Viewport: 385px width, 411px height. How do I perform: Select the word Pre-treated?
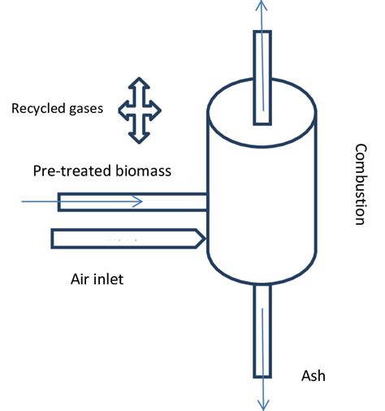[x=67, y=171]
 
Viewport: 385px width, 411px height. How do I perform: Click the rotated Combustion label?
[x=361, y=184]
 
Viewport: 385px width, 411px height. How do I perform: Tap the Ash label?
[x=313, y=376]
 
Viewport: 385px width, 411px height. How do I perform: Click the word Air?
[x=81, y=279]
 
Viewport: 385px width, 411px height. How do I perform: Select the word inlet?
[x=113, y=279]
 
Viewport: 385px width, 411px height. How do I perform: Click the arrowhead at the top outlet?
[x=262, y=5]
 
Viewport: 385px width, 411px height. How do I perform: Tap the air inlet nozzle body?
[x=122, y=238]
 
